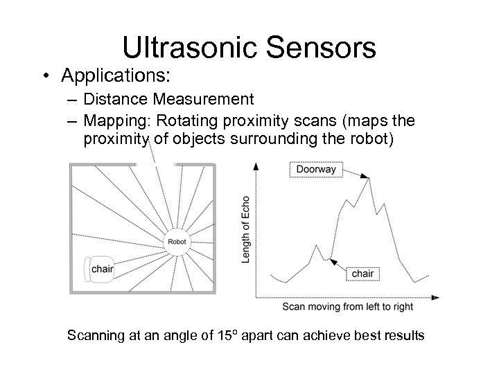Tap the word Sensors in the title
point(317,47)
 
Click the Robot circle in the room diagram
point(176,242)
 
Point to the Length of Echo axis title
point(246,229)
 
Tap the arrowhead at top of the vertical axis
point(256,167)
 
